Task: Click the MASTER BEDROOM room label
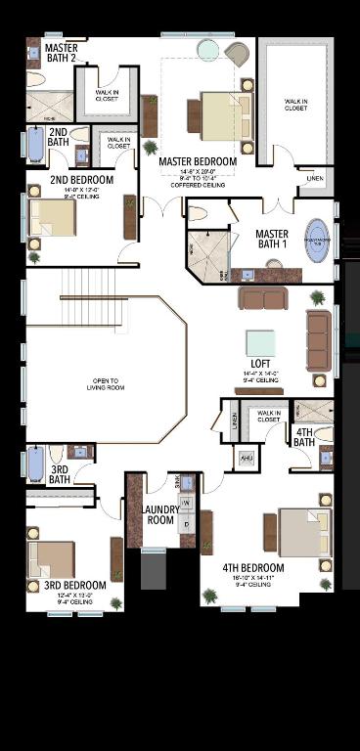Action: click(199, 161)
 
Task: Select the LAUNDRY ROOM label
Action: click(158, 514)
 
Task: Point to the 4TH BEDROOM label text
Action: click(252, 568)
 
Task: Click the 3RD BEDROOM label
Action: click(68, 586)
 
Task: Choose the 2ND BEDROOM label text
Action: click(81, 181)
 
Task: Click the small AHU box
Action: click(246, 458)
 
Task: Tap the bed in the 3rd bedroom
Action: click(52, 558)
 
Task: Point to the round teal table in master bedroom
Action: click(208, 49)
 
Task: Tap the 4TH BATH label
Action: click(303, 437)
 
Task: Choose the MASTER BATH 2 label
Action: click(61, 52)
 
